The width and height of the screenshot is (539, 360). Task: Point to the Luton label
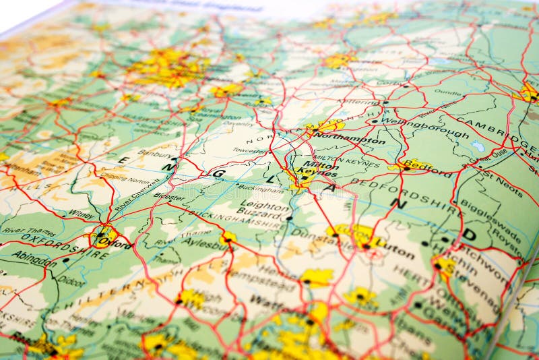click(x=395, y=249)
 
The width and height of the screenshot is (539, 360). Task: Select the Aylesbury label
click(x=205, y=241)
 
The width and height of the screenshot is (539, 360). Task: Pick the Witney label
click(x=82, y=214)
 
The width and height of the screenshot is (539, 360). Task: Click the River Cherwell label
click(x=137, y=194)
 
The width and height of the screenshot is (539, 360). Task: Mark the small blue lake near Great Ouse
click(x=478, y=146)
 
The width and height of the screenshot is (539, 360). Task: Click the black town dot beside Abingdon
click(x=66, y=260)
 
